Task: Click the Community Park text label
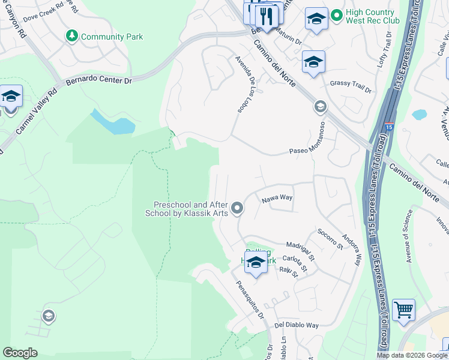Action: [x=112, y=37]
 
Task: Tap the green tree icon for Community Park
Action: [x=72, y=37]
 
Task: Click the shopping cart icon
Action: [x=403, y=311]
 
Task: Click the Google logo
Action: [x=20, y=353]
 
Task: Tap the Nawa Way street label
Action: [x=277, y=197]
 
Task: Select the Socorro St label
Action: [x=330, y=238]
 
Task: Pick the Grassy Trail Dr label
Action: [x=351, y=88]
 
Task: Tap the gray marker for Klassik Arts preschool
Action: [x=238, y=209]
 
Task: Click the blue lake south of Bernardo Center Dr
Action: [x=111, y=122]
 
